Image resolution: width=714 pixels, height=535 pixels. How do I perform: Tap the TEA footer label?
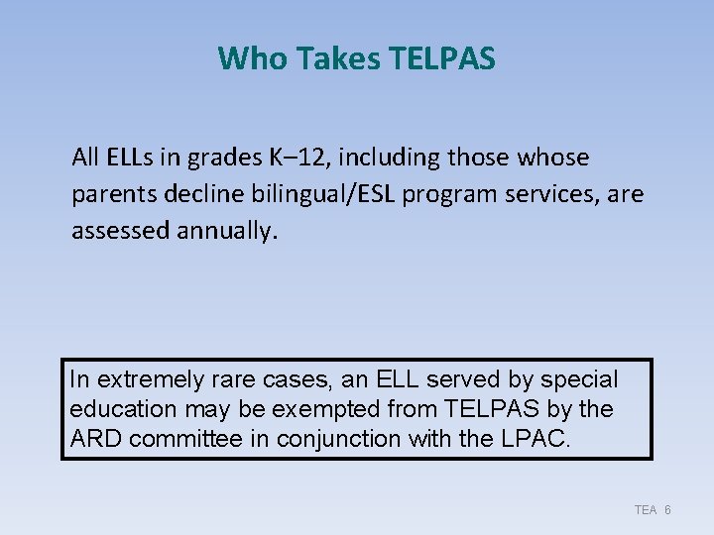pyautogui.click(x=646, y=509)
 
